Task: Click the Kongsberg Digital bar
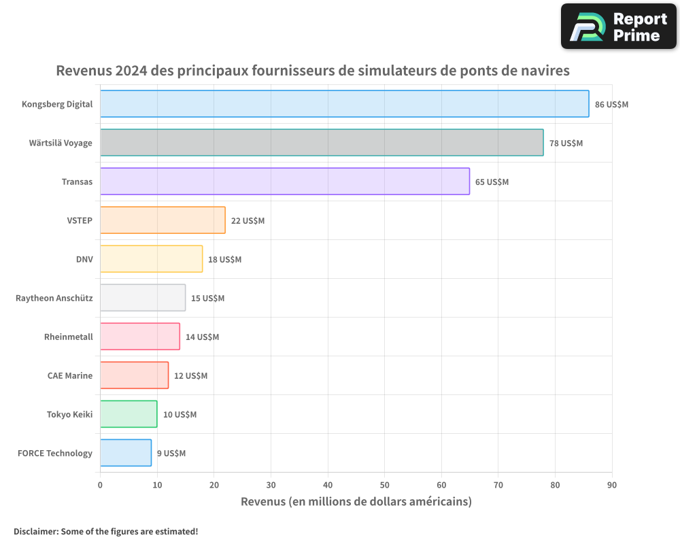point(344,104)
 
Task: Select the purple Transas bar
point(284,182)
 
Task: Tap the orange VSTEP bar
point(163,220)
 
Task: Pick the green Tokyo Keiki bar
point(129,414)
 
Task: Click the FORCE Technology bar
point(126,453)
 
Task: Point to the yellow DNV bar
point(151,259)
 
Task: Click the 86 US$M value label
point(611,105)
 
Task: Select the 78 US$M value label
point(566,143)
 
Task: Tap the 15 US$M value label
point(207,299)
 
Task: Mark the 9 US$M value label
point(171,454)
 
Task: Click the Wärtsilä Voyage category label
point(61,143)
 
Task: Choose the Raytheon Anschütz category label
point(54,298)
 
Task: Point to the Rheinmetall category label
point(68,337)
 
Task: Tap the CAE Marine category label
point(70,375)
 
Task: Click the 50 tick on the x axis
point(384,485)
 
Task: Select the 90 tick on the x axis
point(611,485)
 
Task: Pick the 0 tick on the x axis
point(100,485)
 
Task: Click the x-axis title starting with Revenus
point(356,502)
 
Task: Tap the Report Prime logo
point(618,27)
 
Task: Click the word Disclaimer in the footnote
point(35,532)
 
